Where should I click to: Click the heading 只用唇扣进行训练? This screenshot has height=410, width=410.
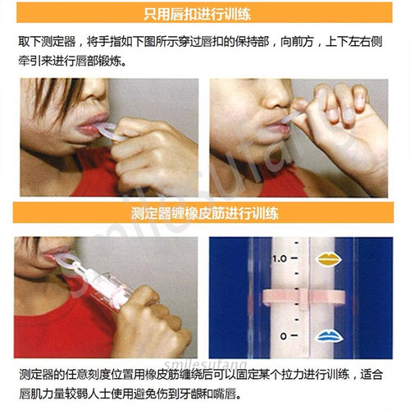tap(197, 14)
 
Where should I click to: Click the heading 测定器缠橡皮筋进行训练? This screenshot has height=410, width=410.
tap(205, 213)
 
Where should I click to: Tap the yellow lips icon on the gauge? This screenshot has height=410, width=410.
tap(329, 259)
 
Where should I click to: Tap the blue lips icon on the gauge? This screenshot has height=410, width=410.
tap(330, 336)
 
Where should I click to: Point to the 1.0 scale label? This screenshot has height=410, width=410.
tap(280, 258)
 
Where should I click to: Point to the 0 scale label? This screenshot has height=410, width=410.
tap(284, 336)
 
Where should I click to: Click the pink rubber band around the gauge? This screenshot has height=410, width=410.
tap(304, 298)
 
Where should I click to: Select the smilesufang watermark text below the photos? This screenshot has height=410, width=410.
tap(206, 364)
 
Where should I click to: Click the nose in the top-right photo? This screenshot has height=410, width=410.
tap(276, 96)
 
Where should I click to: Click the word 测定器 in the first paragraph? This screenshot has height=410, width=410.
tap(58, 42)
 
